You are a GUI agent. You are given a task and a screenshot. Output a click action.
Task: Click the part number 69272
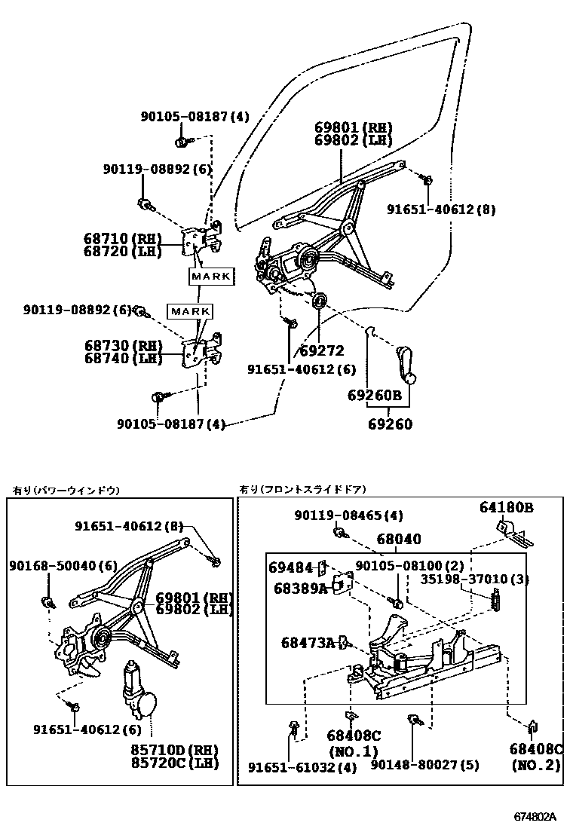pyautogui.click(x=321, y=350)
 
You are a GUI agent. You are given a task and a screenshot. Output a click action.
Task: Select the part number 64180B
pyautogui.click(x=507, y=508)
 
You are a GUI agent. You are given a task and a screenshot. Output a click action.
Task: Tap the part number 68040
pyautogui.click(x=399, y=540)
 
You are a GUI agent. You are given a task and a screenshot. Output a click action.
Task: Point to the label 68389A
pyautogui.click(x=299, y=588)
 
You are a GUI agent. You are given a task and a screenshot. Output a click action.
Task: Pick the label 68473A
pyautogui.click(x=307, y=643)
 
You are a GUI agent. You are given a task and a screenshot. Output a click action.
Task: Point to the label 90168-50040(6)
pyautogui.click(x=63, y=565)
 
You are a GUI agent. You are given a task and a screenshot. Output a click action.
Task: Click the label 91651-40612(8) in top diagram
pyautogui.click(x=441, y=209)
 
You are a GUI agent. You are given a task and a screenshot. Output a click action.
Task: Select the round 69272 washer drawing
pyautogui.click(x=319, y=302)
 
